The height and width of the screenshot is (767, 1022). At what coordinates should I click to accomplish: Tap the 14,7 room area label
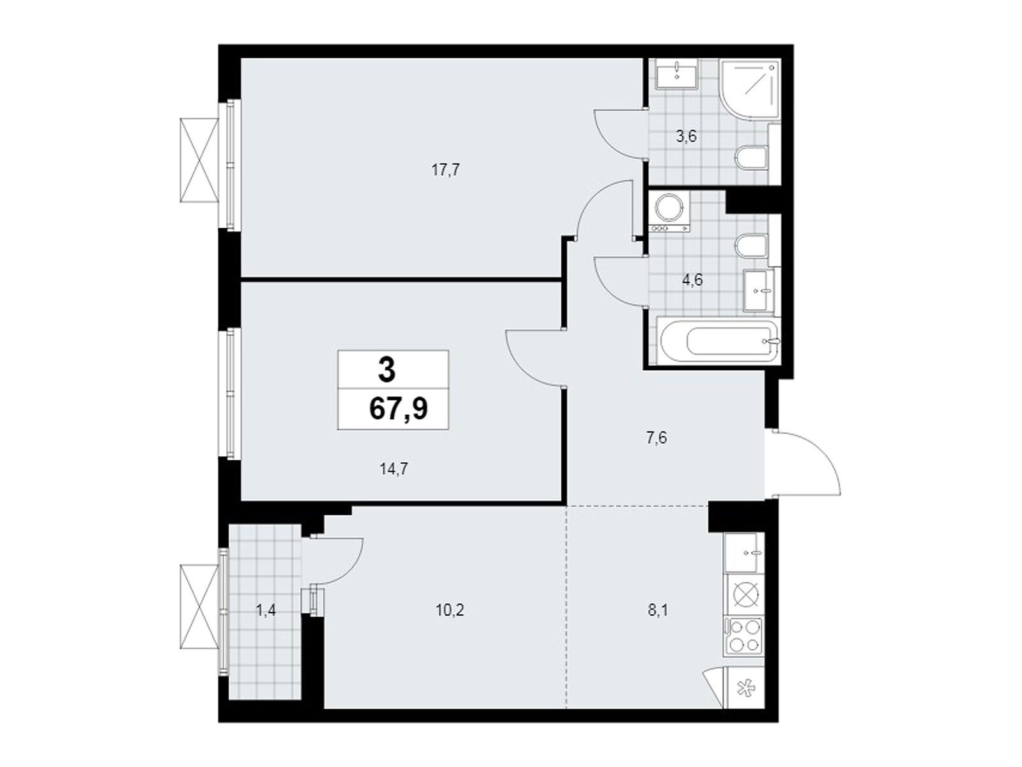pyautogui.click(x=394, y=469)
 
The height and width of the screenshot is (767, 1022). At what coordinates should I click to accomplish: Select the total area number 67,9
pyautogui.click(x=398, y=409)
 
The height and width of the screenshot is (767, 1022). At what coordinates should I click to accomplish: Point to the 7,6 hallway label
pyautogui.click(x=657, y=438)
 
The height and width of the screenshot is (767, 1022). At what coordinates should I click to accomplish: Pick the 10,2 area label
pyautogui.click(x=450, y=610)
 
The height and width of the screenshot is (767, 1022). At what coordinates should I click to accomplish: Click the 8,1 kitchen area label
pyautogui.click(x=658, y=610)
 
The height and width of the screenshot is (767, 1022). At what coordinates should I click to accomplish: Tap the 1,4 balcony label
pyautogui.click(x=266, y=610)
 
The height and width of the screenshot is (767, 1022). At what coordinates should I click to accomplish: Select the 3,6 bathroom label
pyautogui.click(x=686, y=137)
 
